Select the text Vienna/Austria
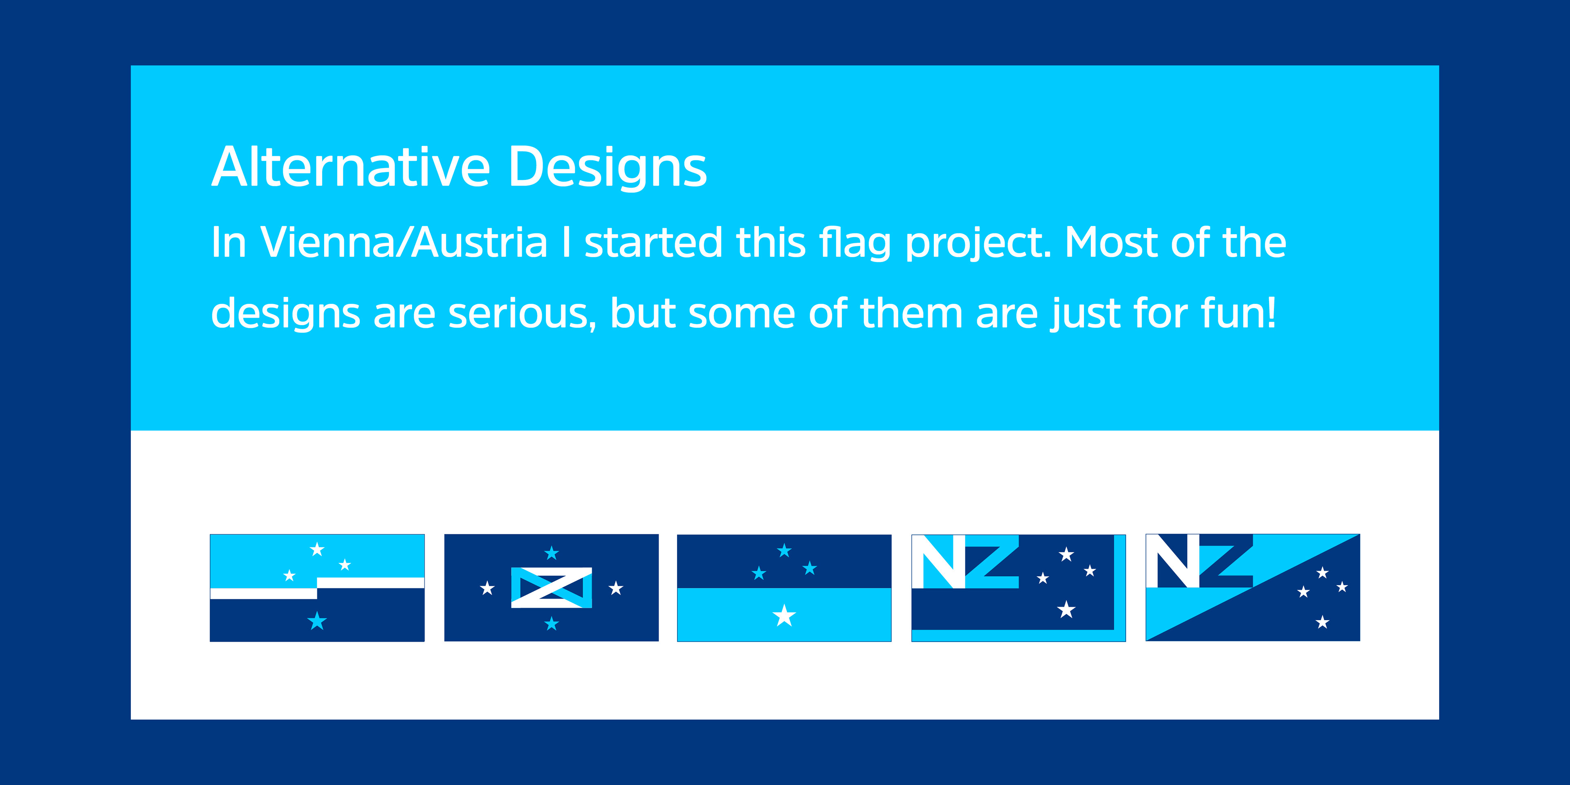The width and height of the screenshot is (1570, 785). click(404, 242)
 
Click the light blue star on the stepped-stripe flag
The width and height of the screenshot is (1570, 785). click(317, 621)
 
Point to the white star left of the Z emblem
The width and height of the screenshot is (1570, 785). click(487, 588)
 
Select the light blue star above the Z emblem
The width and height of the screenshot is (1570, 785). click(552, 553)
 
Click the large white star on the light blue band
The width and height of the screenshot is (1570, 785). click(785, 616)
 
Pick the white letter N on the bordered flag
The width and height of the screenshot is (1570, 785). click(939, 562)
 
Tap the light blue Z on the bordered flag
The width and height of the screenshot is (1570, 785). click(992, 562)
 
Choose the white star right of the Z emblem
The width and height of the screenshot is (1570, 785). click(616, 588)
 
